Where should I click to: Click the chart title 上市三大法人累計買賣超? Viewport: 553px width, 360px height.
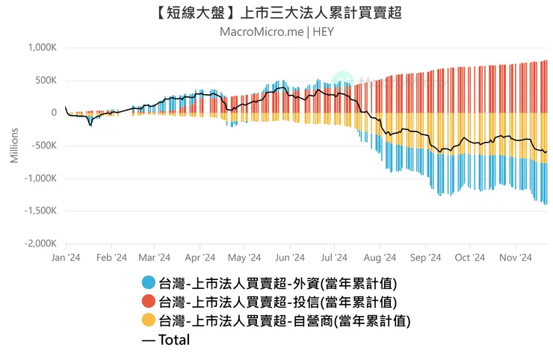(276, 13)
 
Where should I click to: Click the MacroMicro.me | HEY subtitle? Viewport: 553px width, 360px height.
(276, 32)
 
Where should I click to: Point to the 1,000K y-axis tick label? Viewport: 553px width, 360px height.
(42, 48)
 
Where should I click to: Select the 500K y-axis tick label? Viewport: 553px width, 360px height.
(46, 81)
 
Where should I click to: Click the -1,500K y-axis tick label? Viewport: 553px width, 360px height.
(40, 211)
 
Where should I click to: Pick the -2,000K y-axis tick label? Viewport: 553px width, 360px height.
(40, 244)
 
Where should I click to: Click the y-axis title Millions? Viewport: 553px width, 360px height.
(13, 146)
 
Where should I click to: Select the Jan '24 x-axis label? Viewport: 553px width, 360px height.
(66, 258)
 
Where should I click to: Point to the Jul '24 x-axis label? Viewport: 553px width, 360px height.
(335, 258)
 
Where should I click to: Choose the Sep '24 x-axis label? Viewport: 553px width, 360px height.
(425, 258)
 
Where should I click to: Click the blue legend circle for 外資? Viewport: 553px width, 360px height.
(148, 283)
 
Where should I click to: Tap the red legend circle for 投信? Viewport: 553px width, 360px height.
(148, 302)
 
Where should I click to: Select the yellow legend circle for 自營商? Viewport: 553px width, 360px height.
(148, 321)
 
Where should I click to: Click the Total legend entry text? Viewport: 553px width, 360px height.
(173, 340)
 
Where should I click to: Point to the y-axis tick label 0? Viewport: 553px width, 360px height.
(54, 113)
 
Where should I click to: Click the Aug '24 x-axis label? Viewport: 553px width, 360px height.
(380, 258)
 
